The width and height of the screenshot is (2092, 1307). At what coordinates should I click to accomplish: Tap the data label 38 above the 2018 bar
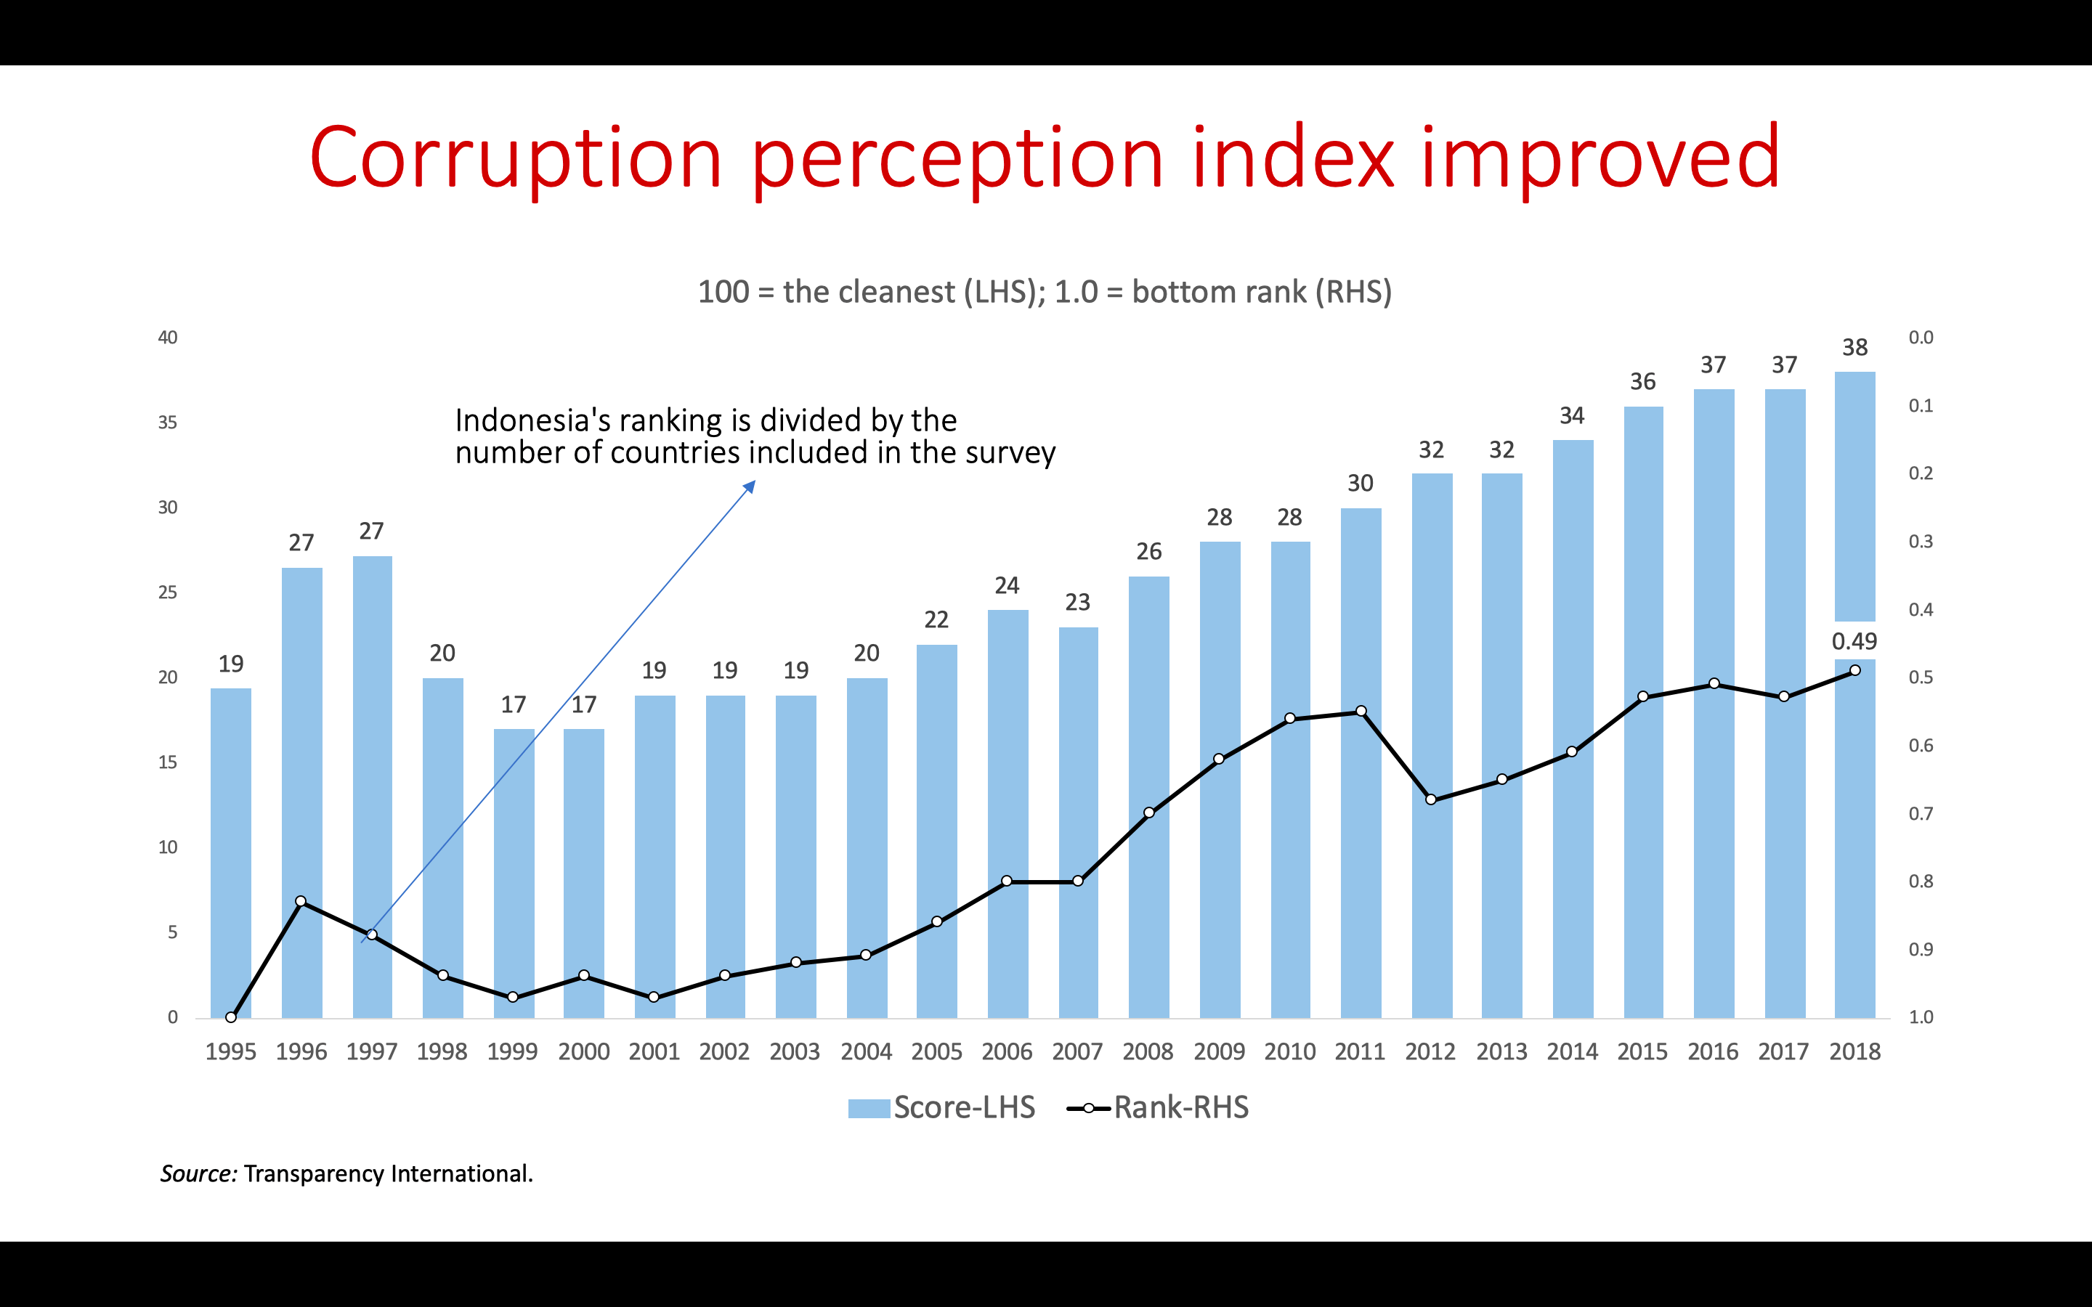1854,348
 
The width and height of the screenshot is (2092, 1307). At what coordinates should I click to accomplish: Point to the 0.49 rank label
1854,641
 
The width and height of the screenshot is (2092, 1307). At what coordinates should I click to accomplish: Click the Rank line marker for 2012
1431,799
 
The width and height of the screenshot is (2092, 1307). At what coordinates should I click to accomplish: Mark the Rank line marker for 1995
231,1017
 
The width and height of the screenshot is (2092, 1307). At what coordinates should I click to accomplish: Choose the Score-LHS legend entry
942,1107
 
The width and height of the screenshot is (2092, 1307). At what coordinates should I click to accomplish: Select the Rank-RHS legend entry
1159,1107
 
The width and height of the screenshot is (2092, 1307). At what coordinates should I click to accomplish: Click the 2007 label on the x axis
1077,1052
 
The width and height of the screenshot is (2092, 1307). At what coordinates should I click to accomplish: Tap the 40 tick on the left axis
168,338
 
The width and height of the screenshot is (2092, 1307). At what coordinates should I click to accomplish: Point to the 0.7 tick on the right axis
1921,814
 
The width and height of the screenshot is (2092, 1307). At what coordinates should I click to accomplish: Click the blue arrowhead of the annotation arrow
750,486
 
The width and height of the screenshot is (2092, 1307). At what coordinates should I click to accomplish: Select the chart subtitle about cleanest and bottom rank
1045,292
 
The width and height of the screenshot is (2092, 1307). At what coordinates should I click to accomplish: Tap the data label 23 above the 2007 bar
1077,603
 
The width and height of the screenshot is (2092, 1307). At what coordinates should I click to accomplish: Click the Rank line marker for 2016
1714,684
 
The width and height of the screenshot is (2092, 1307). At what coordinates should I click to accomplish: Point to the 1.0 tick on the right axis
1921,1017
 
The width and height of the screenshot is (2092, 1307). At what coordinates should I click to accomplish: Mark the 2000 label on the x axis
583,1052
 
